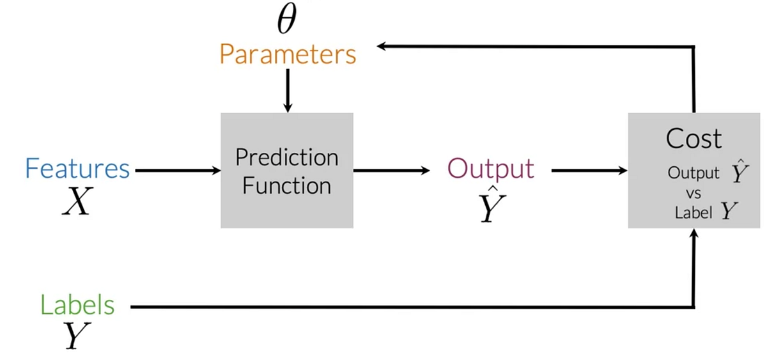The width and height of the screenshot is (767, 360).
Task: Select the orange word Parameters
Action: click(x=288, y=55)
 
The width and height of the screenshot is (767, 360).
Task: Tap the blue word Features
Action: click(x=77, y=169)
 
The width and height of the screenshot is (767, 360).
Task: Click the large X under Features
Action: click(x=77, y=203)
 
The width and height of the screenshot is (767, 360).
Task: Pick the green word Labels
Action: click(x=77, y=305)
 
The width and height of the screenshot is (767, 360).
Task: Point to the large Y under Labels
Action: click(x=75, y=336)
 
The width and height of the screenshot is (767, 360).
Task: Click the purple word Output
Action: click(x=490, y=169)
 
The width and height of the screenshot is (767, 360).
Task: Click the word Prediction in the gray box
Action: click(x=287, y=157)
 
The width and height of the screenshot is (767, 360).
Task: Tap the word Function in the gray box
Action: click(x=287, y=186)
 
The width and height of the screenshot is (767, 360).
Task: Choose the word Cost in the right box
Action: click(x=693, y=139)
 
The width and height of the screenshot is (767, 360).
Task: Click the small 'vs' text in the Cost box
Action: click(x=693, y=193)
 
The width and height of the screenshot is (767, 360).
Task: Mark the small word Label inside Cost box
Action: click(x=693, y=213)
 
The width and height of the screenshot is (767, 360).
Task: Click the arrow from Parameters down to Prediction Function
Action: click(x=287, y=90)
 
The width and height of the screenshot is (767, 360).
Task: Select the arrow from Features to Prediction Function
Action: click(x=176, y=171)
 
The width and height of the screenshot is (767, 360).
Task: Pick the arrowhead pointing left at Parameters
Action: click(x=382, y=46)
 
